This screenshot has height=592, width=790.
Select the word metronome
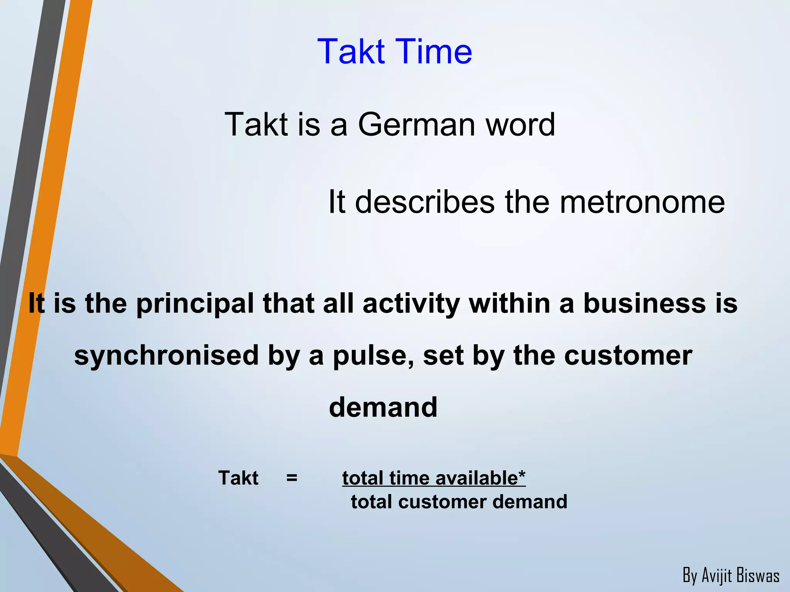(642, 202)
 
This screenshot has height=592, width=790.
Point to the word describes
(425, 202)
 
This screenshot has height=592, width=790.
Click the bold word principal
(195, 303)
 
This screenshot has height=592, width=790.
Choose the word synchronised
(166, 355)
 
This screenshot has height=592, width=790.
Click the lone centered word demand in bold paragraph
(383, 407)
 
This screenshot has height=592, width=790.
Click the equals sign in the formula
(292, 478)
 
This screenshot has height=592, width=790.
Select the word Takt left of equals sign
(238, 478)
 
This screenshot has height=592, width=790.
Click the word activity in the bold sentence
(411, 303)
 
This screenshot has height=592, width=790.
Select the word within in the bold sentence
(509, 303)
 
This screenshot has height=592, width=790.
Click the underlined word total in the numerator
(363, 478)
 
